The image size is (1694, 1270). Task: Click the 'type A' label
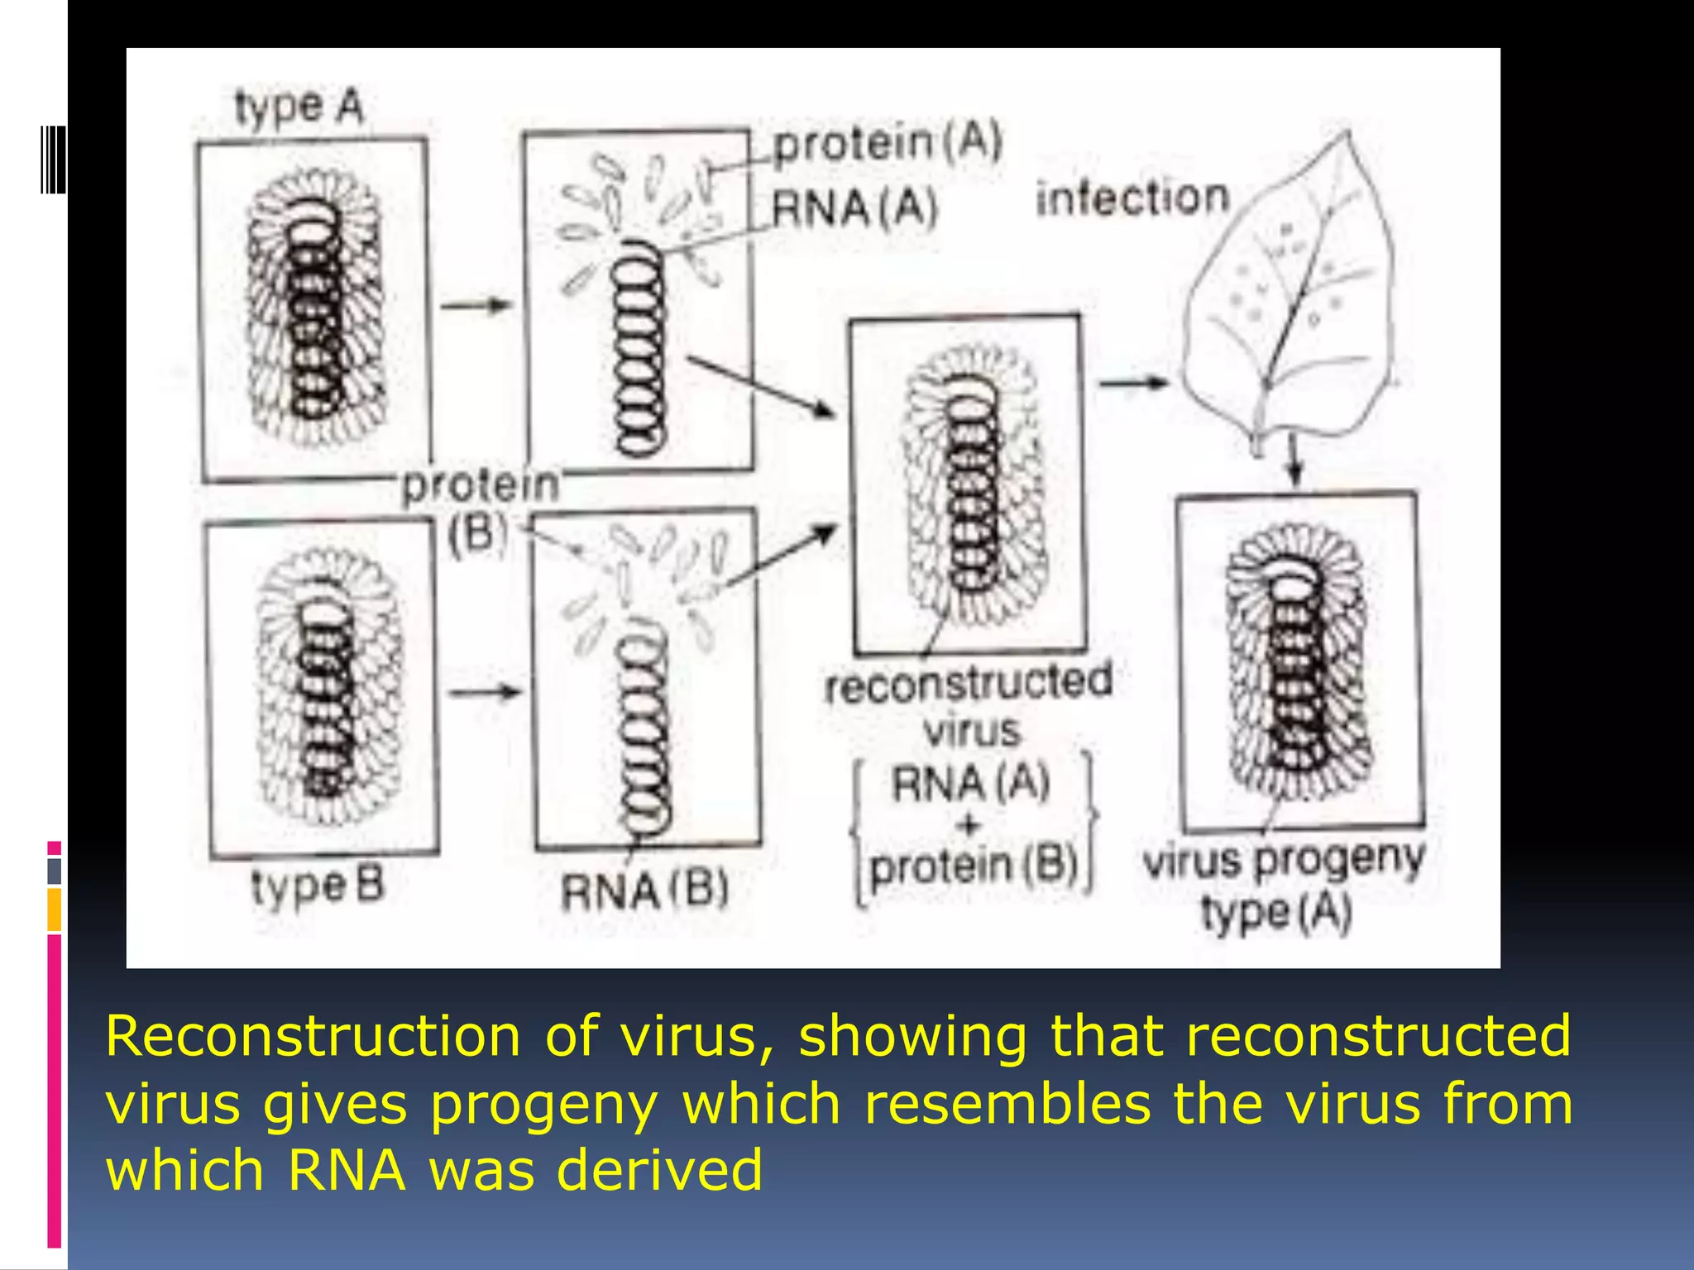click(299, 107)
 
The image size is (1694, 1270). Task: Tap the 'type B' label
click(318, 886)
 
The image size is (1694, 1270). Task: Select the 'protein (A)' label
click(887, 142)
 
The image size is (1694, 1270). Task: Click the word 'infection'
click(1133, 198)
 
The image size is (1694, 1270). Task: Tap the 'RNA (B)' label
click(644, 891)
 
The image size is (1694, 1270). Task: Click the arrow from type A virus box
click(476, 306)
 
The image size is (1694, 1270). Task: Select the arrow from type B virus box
click(486, 691)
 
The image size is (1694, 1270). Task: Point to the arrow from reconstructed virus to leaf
click(1132, 383)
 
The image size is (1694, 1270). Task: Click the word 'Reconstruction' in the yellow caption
click(313, 1035)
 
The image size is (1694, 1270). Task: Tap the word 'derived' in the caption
click(658, 1171)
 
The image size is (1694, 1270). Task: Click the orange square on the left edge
click(54, 909)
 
